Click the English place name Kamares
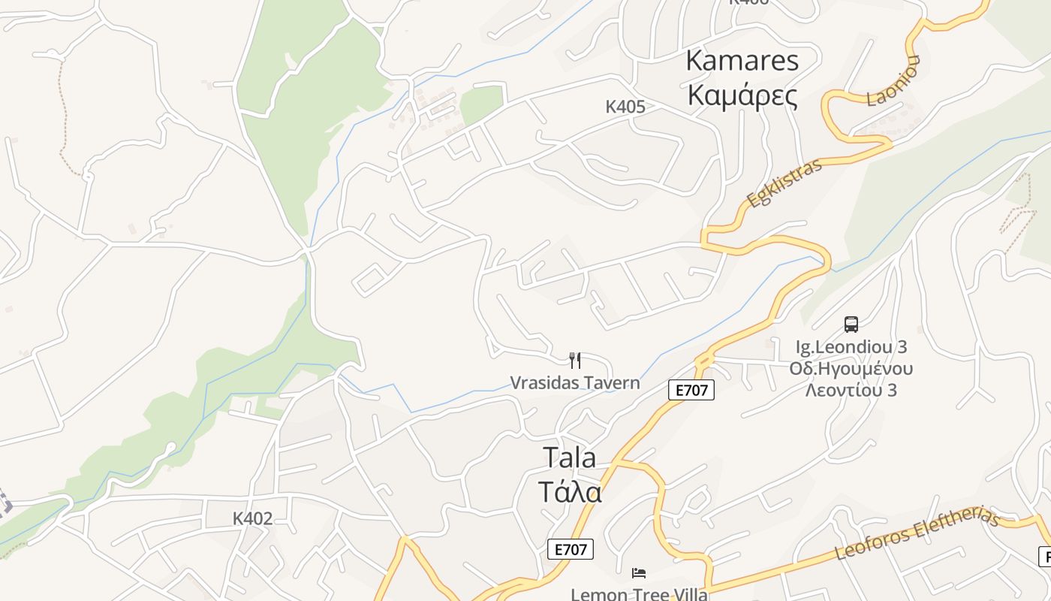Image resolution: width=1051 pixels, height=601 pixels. (x=742, y=61)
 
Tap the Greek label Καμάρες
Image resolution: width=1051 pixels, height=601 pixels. (x=742, y=96)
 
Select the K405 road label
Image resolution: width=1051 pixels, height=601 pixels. (x=625, y=107)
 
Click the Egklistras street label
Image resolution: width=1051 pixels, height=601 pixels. (x=784, y=183)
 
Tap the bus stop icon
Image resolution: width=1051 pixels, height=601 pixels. (x=851, y=325)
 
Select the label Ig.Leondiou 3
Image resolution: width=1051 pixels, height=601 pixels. (x=851, y=347)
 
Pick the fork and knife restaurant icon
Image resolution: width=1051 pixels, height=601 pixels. (x=575, y=361)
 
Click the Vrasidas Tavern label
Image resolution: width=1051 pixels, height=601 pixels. (x=575, y=382)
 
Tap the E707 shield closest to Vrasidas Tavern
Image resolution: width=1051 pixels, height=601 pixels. (x=691, y=390)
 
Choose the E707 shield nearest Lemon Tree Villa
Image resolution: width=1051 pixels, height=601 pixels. (x=571, y=549)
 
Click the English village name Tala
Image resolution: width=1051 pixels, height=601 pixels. (x=569, y=457)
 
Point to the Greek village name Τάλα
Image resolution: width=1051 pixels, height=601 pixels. (x=570, y=491)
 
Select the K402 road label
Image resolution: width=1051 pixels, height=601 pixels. (x=252, y=518)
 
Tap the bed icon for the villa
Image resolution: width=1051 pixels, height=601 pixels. (x=639, y=574)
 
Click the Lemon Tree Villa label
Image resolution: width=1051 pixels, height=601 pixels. (x=639, y=594)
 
